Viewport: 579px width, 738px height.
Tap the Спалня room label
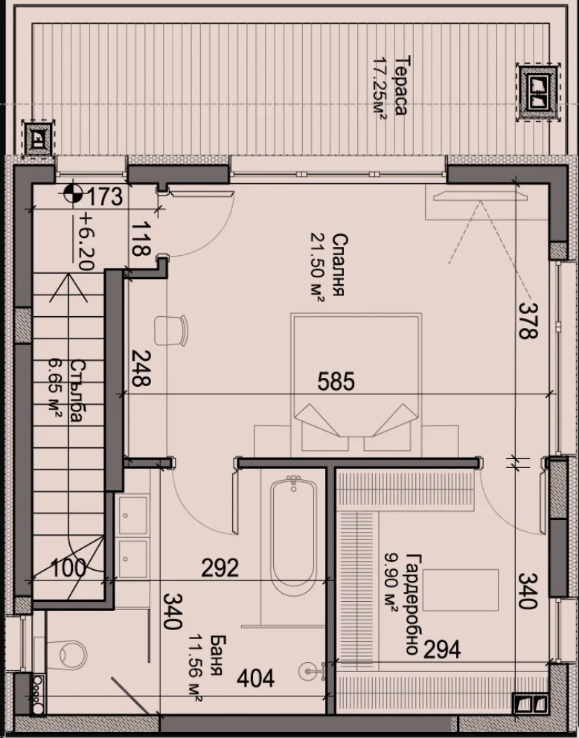pyautogui.click(x=338, y=265)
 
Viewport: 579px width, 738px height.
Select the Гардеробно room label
pyautogui.click(x=412, y=604)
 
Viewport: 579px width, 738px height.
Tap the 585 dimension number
pyautogui.click(x=336, y=381)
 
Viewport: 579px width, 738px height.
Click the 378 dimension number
pyautogui.click(x=528, y=320)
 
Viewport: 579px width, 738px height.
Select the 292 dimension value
pyautogui.click(x=220, y=568)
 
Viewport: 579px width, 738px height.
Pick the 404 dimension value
pyautogui.click(x=255, y=678)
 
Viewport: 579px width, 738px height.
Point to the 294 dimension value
pyautogui.click(x=442, y=650)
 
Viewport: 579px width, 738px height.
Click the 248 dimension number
pyautogui.click(x=140, y=368)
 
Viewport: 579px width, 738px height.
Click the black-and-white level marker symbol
pyautogui.click(x=71, y=193)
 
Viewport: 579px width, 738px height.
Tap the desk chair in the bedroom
pyautogui.click(x=171, y=330)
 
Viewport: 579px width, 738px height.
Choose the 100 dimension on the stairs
pyautogui.click(x=68, y=568)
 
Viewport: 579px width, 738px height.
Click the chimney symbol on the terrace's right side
pyautogui.click(x=537, y=92)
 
